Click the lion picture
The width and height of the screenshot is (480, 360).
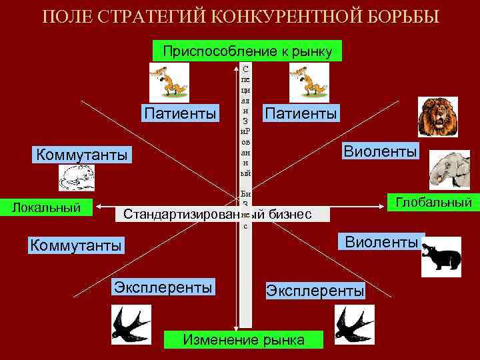pos(438,116)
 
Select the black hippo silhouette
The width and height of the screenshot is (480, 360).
pos(441,257)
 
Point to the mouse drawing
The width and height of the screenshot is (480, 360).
pos(79,178)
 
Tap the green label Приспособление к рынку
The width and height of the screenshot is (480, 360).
pos(247,51)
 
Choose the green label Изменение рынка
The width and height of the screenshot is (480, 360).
pos(243,339)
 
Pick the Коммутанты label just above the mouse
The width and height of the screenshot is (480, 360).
pos(81,155)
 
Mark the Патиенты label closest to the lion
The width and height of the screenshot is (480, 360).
pos(300,113)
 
